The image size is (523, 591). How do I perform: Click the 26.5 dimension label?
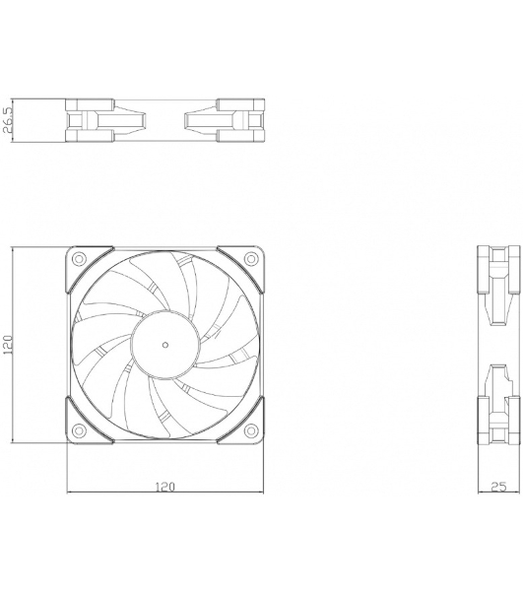(9, 123)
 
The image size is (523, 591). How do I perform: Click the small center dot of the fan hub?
(164, 344)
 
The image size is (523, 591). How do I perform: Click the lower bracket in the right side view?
(493, 409)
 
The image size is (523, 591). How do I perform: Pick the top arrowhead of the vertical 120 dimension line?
(14, 249)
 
